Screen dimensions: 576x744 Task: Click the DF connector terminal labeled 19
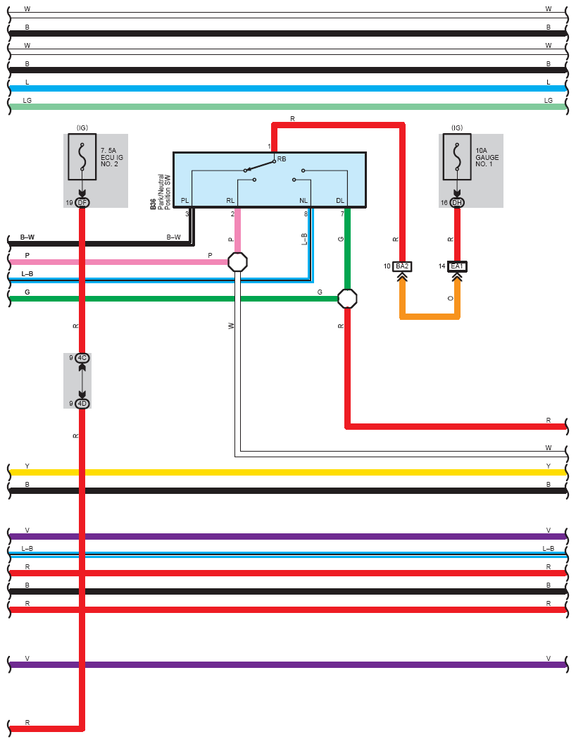coord(82,203)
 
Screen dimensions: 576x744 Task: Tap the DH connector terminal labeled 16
coord(457,203)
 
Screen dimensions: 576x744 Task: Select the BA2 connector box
coord(402,266)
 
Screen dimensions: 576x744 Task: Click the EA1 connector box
coord(457,266)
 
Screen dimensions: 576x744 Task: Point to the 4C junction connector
coord(82,358)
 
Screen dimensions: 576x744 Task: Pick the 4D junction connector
coord(82,403)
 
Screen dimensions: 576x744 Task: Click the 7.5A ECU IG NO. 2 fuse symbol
coord(82,156)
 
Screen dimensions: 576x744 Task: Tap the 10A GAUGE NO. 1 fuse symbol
coord(457,156)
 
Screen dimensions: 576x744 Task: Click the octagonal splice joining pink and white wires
coord(237,262)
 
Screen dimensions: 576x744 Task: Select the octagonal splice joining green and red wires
coord(347,299)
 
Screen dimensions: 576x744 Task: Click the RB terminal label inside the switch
coord(282,159)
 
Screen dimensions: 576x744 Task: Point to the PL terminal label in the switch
coord(185,201)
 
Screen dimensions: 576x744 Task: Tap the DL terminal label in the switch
coord(340,201)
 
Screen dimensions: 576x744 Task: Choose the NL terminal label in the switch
coord(303,201)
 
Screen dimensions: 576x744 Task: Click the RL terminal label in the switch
coord(230,201)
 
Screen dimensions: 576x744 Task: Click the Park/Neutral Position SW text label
coord(164,192)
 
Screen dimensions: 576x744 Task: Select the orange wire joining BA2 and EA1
coord(430,316)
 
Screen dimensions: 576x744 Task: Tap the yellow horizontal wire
coord(288,472)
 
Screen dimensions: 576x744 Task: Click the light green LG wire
coord(288,107)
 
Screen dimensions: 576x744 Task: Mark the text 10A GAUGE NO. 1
coord(487,157)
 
